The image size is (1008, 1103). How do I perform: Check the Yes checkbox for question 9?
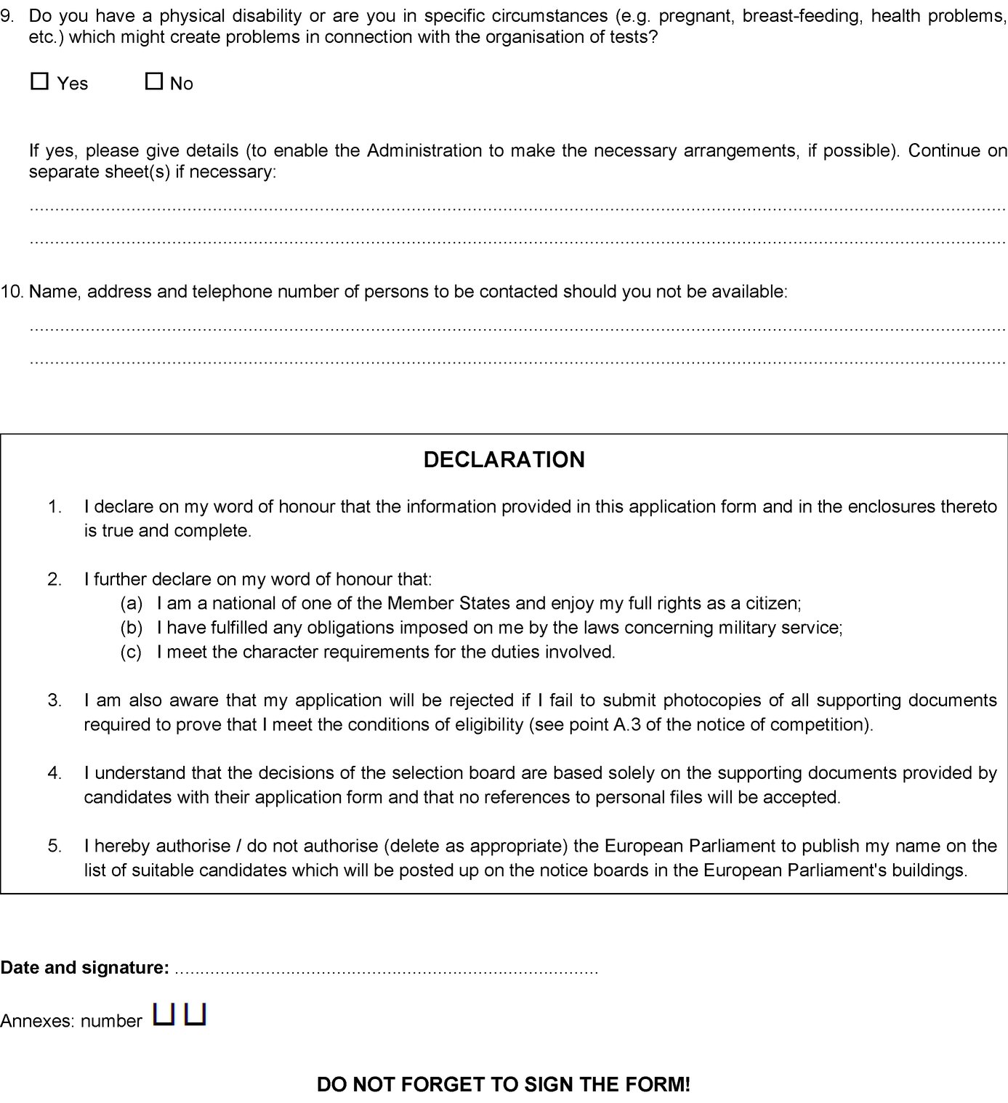[x=39, y=81]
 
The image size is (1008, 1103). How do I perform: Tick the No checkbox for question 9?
[x=153, y=81]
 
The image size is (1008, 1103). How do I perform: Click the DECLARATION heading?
[x=504, y=459]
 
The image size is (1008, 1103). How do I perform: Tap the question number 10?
[x=12, y=291]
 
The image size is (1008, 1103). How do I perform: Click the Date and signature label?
[x=84, y=968]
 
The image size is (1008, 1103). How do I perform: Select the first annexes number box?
[x=164, y=1014]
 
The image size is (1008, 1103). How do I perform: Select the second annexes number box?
[x=195, y=1014]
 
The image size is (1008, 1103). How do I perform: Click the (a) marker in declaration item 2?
[x=132, y=603]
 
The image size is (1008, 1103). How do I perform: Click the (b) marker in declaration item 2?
[x=132, y=627]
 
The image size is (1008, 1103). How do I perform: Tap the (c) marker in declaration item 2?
[x=132, y=652]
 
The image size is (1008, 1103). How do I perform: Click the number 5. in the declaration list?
[x=55, y=846]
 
